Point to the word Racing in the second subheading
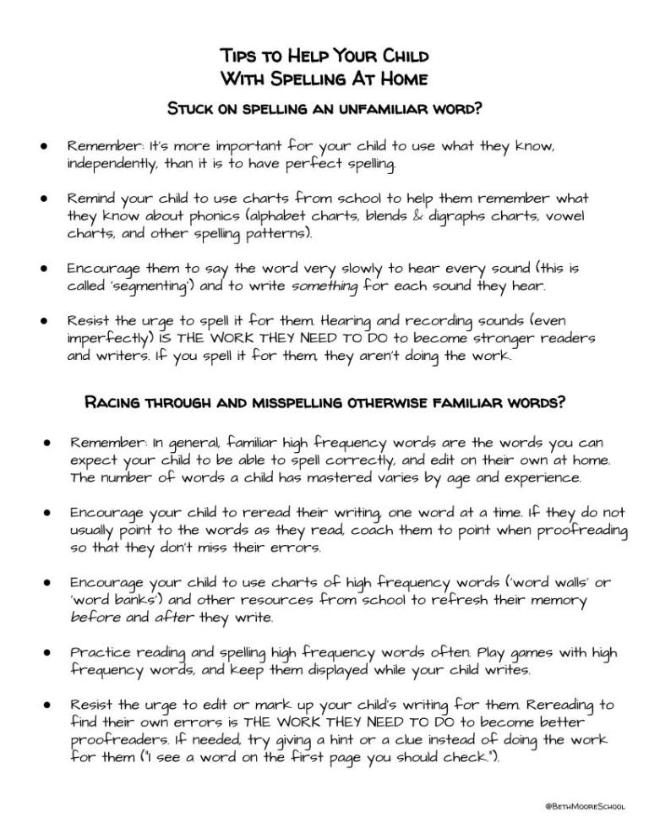[112, 402]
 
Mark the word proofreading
[581, 530]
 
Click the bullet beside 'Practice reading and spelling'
[49, 654]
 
